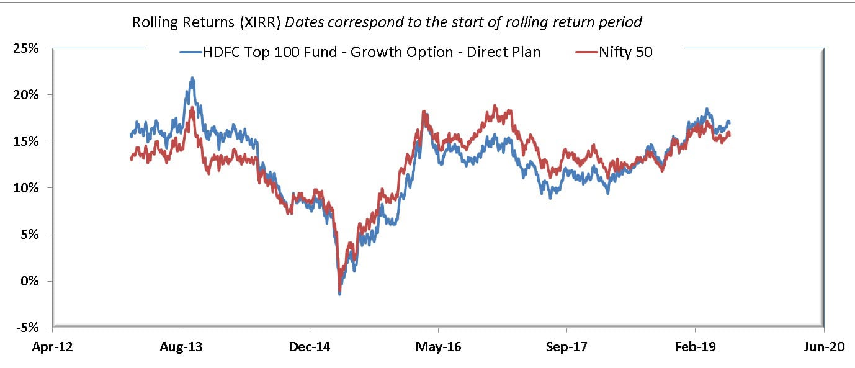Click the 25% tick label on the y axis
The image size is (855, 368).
(x=28, y=48)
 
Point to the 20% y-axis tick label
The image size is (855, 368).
(x=28, y=95)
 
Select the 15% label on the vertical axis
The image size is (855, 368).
(x=28, y=141)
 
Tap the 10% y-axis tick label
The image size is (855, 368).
(x=28, y=188)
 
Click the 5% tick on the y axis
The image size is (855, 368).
(x=31, y=235)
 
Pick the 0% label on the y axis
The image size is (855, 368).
(x=31, y=281)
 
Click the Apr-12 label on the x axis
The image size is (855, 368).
(x=52, y=347)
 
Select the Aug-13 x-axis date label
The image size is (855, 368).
(x=181, y=347)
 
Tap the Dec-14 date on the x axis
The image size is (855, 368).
(x=309, y=347)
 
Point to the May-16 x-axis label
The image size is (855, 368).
(x=438, y=347)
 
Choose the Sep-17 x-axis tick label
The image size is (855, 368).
(x=566, y=347)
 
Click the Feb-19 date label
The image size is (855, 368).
(x=695, y=347)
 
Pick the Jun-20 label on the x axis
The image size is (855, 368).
(x=823, y=347)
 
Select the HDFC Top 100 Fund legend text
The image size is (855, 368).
(x=372, y=52)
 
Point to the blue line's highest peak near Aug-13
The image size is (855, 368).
(x=192, y=78)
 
